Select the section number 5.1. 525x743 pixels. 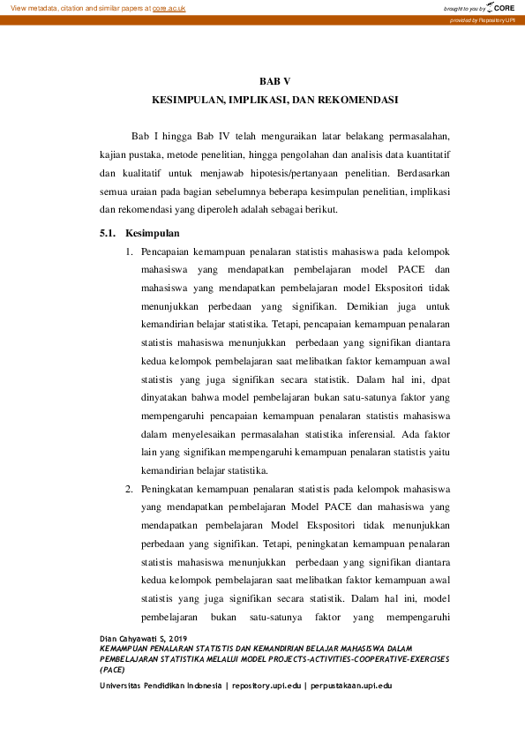coord(108,234)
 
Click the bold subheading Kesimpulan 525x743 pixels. coord(153,234)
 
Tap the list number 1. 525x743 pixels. coord(129,253)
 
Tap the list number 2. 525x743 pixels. coord(129,488)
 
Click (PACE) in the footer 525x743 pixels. coord(112,669)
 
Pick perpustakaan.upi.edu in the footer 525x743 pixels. coord(350,685)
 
